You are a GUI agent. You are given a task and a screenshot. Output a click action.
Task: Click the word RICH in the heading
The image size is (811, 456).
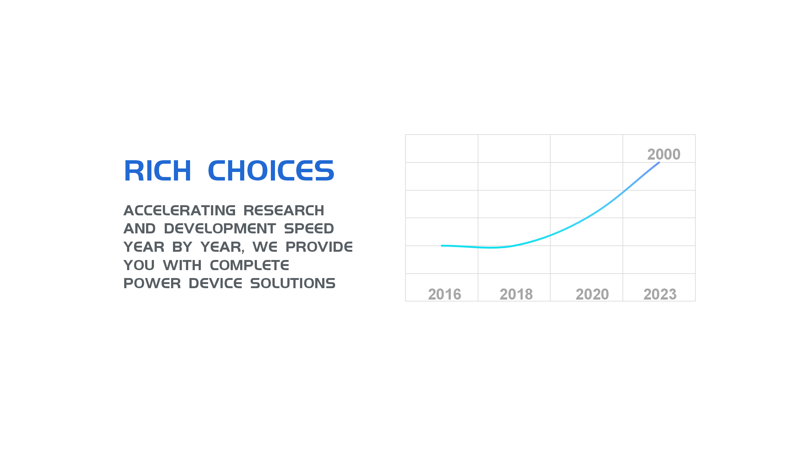coord(157,171)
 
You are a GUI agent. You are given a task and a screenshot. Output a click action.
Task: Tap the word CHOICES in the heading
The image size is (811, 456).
coord(271,171)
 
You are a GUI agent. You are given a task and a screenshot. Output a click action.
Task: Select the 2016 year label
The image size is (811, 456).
coord(444,294)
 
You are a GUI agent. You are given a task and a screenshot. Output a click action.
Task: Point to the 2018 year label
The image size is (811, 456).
coord(516,294)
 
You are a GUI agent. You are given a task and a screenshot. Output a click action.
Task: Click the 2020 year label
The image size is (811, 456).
coord(592,294)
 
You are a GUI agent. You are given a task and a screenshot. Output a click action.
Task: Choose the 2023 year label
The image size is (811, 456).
coord(660,294)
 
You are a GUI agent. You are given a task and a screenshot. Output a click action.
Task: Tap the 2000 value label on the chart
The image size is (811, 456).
coord(664,154)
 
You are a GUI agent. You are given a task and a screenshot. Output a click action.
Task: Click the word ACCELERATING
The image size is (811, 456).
coord(180,211)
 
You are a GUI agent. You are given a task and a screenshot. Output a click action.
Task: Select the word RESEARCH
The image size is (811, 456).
coord(284,211)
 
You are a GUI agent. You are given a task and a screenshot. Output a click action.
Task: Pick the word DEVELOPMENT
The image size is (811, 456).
coord(220,229)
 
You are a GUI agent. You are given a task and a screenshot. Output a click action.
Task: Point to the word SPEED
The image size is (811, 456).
coord(309,229)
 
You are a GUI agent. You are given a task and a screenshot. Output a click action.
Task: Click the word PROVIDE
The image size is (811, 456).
coord(319,247)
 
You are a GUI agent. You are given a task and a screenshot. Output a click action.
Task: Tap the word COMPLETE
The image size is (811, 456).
coord(249,265)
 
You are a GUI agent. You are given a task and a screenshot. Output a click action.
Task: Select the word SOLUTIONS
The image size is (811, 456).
coord(293,283)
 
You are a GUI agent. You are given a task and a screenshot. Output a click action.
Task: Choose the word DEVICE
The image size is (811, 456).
coord(215,283)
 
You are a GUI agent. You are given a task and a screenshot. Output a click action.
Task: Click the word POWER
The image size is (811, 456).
coord(152,283)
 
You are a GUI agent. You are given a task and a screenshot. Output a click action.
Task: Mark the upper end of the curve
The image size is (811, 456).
coord(659,162)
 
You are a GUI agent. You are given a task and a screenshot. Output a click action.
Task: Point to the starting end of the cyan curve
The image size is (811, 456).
coord(442,246)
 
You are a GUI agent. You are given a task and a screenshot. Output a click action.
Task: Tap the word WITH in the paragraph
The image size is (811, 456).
coord(182,265)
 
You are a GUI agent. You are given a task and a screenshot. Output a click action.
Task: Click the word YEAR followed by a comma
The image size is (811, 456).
coord(223,247)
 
